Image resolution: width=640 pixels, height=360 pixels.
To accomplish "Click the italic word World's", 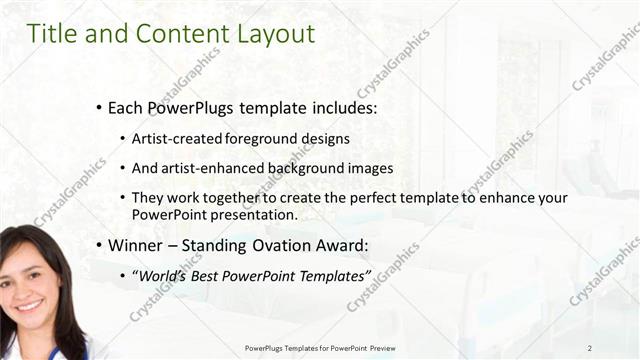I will [163, 274].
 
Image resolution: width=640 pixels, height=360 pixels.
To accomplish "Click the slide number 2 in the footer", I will [590, 347].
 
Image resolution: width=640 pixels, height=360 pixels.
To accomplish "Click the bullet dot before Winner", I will [99, 245].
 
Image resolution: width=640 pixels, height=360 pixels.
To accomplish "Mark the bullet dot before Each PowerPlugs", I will [99, 107].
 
